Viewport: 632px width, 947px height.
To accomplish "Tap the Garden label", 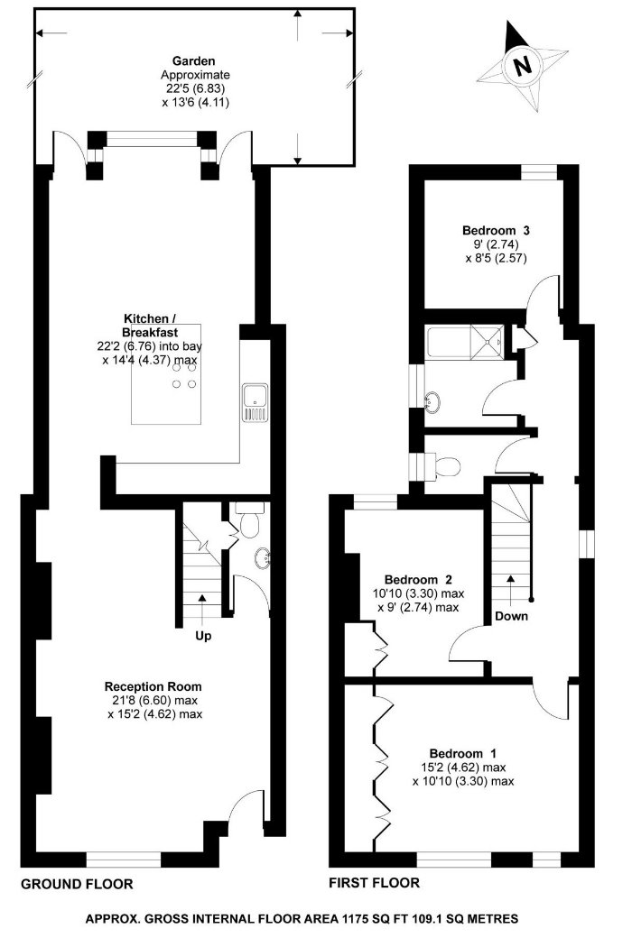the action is [x=193, y=61].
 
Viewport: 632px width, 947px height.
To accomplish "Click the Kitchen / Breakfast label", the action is [x=151, y=325].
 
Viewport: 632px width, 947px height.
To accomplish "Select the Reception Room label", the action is [x=153, y=686].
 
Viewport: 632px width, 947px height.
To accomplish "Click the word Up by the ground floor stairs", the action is [x=203, y=636].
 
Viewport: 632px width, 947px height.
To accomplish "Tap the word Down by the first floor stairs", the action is [x=512, y=616].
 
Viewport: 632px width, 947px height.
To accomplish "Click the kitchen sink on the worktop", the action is [x=255, y=402].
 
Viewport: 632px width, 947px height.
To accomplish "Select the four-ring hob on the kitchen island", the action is [x=184, y=376].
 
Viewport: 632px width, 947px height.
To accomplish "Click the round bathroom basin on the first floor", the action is [x=433, y=401].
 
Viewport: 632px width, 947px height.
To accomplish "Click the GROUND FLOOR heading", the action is [x=77, y=884].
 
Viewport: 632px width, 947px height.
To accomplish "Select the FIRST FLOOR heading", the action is [x=374, y=883].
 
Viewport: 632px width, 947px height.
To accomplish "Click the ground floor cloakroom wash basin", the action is [x=263, y=558].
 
